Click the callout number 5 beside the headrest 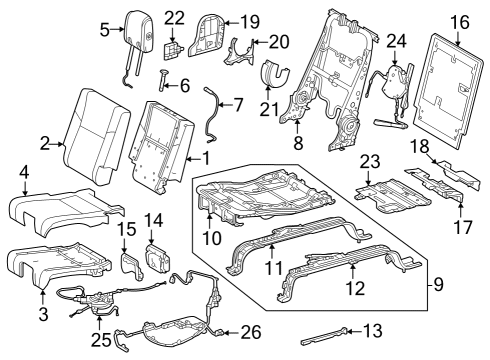[104, 31]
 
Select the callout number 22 [174, 18]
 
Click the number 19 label [249, 20]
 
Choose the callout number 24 [397, 40]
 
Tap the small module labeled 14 [156, 257]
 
